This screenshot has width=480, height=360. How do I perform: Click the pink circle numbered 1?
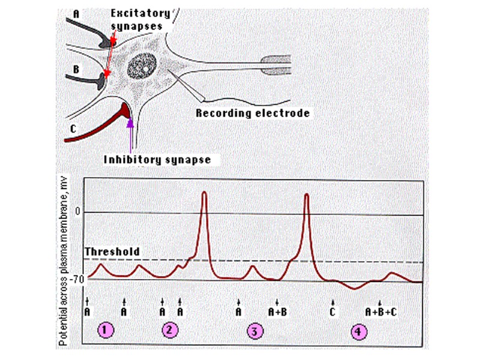(x=106, y=330)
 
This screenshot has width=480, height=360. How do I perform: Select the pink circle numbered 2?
(x=170, y=330)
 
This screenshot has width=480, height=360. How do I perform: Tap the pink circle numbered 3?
(x=254, y=331)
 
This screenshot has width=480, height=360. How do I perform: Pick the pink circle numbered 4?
(x=358, y=331)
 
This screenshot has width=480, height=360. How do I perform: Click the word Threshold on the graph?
(x=112, y=251)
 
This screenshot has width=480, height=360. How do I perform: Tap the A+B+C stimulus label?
(x=381, y=311)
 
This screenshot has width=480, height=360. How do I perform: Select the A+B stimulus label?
(x=277, y=311)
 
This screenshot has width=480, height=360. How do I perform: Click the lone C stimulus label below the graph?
(x=333, y=311)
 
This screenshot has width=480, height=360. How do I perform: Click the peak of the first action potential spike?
(x=205, y=193)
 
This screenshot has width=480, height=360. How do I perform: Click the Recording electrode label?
(x=253, y=113)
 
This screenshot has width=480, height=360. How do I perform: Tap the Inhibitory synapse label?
(x=157, y=160)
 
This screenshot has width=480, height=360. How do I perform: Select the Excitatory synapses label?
(x=140, y=19)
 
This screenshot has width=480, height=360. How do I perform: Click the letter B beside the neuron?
(x=76, y=70)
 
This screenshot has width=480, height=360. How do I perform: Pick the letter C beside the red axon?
(x=73, y=128)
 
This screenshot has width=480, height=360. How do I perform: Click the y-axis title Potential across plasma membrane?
(x=62, y=264)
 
